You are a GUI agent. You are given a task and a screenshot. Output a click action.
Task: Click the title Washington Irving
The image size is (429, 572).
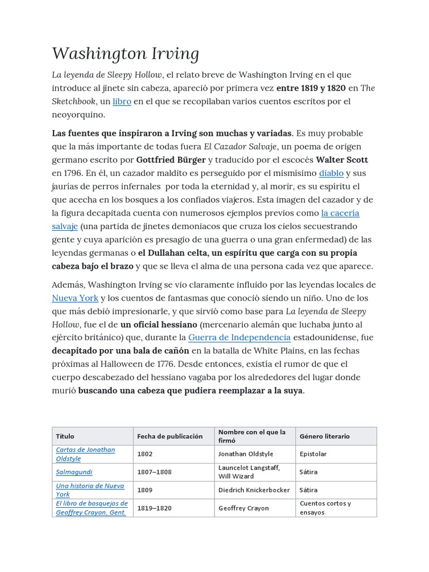(126, 54)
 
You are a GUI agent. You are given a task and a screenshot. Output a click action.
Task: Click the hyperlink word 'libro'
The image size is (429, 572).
(122, 102)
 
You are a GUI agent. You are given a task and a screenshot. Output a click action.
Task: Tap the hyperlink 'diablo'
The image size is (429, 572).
(331, 173)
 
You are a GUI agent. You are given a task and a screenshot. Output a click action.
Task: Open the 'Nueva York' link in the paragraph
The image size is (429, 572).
(75, 298)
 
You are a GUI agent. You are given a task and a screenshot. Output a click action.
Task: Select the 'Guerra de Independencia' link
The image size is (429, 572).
(239, 337)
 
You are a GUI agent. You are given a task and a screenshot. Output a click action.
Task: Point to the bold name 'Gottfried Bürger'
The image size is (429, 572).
(171, 160)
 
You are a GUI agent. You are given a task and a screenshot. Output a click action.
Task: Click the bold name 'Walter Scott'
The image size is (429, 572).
(342, 160)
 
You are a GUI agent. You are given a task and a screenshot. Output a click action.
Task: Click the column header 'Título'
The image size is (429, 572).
(65, 436)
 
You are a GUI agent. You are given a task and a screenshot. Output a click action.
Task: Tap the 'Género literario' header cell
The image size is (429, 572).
(325, 436)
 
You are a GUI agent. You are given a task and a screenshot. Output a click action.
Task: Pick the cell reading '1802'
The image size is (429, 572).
(145, 454)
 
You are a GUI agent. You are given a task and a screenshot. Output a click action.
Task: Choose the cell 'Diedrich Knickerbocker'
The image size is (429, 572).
(254, 490)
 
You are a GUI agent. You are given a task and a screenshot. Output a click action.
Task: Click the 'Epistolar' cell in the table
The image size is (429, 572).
(313, 454)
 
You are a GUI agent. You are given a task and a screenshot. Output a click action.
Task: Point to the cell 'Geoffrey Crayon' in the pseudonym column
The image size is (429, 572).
(244, 508)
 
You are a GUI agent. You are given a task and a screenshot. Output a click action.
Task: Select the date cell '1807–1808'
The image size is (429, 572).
(154, 472)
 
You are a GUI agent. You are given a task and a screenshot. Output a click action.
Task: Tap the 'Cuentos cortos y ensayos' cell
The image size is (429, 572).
(325, 508)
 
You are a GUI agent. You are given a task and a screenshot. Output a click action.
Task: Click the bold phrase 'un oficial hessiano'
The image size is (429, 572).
(159, 325)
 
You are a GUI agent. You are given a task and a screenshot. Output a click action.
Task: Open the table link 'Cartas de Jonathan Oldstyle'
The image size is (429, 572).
(85, 454)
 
